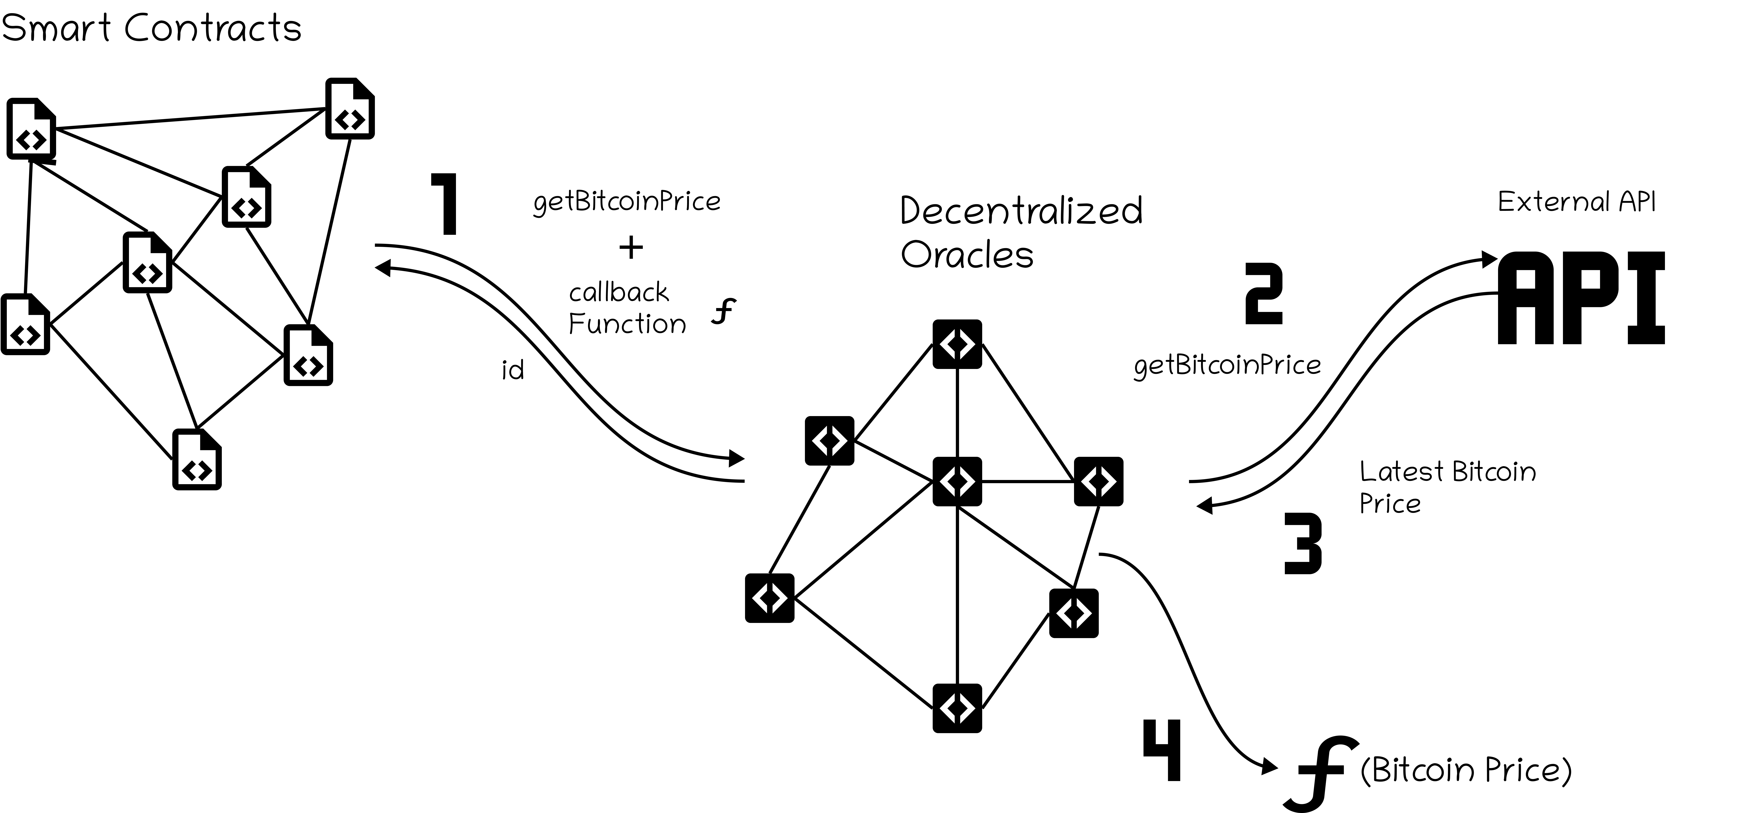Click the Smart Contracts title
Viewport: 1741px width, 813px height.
click(x=151, y=28)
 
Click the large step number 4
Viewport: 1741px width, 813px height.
click(x=1162, y=750)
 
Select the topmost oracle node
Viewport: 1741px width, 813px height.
click(x=957, y=344)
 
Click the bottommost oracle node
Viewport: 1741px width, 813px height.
click(x=957, y=708)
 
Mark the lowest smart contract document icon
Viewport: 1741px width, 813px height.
click(x=197, y=460)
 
